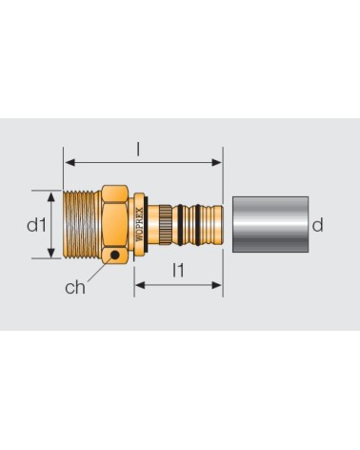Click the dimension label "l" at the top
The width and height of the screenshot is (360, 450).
click(x=138, y=149)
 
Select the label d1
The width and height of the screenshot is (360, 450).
click(x=36, y=225)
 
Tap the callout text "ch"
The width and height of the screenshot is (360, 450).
click(x=75, y=287)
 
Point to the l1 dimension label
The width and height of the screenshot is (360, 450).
click(x=178, y=271)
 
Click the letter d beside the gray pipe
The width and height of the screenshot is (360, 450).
click(x=317, y=225)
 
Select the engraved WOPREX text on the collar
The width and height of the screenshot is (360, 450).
click(x=139, y=225)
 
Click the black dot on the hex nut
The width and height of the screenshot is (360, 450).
click(x=115, y=255)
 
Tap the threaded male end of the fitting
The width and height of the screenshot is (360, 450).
click(x=82, y=224)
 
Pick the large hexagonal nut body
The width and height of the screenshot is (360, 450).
click(x=115, y=224)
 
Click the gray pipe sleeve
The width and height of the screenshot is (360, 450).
click(x=270, y=224)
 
